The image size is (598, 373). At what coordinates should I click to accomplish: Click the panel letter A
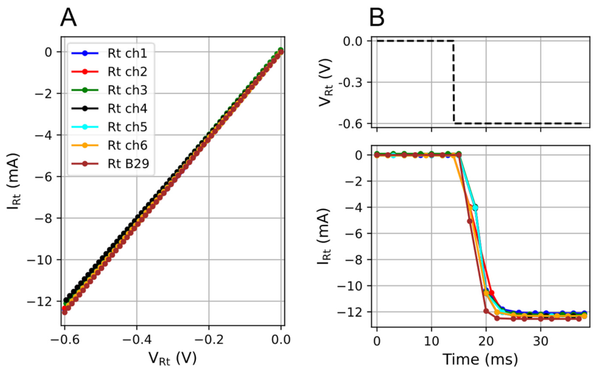(x=69, y=17)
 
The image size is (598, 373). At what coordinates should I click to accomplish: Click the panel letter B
(x=377, y=17)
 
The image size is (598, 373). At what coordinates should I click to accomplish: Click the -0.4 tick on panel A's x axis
(x=136, y=339)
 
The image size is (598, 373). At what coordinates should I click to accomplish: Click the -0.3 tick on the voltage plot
(x=353, y=83)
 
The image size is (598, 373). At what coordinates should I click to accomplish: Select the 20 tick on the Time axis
(x=486, y=340)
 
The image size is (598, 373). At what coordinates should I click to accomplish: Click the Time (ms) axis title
(x=480, y=359)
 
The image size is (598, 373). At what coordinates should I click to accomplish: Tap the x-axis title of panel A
(x=172, y=358)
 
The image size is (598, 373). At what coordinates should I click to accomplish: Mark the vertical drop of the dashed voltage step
(x=453, y=82)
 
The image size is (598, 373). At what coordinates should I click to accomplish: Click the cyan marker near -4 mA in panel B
(x=475, y=207)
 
